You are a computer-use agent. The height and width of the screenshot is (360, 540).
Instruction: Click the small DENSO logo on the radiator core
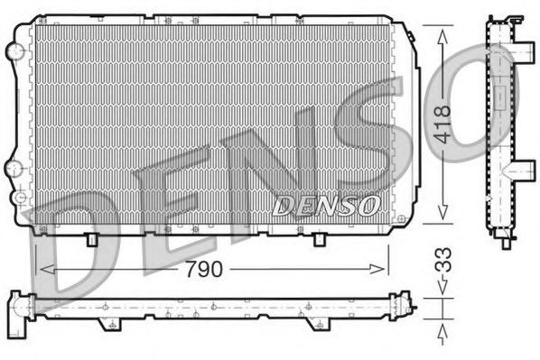326,206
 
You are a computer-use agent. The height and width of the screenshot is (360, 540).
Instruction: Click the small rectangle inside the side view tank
498,97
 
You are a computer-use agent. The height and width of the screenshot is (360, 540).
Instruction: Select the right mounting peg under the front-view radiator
320,239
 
